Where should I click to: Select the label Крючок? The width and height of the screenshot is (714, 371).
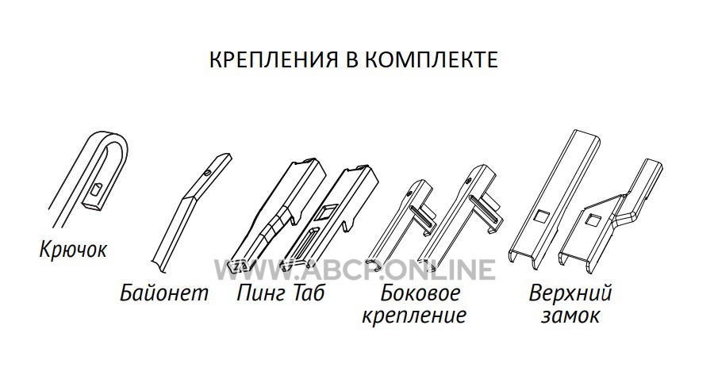pos(73,250)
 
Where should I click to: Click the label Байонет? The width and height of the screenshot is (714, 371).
pos(164,293)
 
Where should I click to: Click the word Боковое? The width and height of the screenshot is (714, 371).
pos(420,293)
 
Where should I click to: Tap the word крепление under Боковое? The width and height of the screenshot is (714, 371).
pos(414,316)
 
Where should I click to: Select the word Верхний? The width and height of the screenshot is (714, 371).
pos(570,293)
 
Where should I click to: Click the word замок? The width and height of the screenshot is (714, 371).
pos(570,315)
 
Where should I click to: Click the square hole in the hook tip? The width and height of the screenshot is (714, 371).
pos(98,189)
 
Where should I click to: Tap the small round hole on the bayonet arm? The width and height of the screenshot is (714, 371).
pos(208,173)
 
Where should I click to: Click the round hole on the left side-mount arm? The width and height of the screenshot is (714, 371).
pos(410,193)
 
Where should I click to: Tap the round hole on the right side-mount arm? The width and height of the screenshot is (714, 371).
pos(468,182)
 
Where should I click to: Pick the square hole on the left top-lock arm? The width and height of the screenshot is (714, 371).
pos(541,216)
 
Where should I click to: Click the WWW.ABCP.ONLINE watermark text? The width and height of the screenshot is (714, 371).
pos(355,270)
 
